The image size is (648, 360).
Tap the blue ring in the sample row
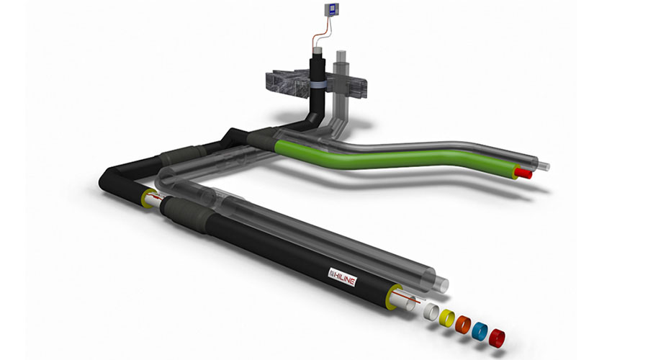(x=480, y=330)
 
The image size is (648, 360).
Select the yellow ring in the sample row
(x=446, y=318)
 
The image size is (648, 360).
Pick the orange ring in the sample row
(x=463, y=324)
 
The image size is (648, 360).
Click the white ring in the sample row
(x=431, y=311)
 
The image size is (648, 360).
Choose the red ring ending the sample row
(x=496, y=338)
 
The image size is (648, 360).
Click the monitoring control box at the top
(x=331, y=10)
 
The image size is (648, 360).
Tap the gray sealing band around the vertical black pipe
(x=318, y=85)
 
